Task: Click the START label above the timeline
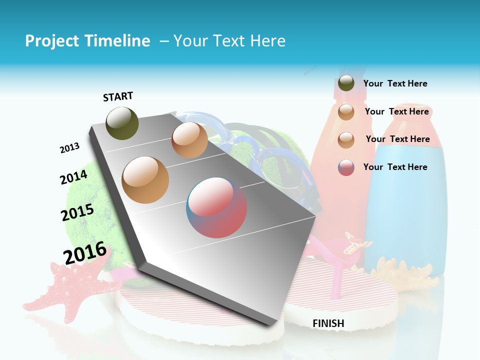[118, 96]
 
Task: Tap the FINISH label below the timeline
[328, 323]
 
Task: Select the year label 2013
[69, 148]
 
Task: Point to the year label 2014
[73, 177]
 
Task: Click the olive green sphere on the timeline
[122, 123]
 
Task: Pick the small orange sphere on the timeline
[189, 140]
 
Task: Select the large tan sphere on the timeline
[145, 179]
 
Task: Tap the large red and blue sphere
[216, 207]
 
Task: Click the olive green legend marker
[346, 83]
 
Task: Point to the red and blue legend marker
[346, 167]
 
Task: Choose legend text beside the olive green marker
[395, 83]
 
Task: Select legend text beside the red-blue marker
[395, 167]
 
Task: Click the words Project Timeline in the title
[87, 41]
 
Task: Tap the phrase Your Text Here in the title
[229, 41]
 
